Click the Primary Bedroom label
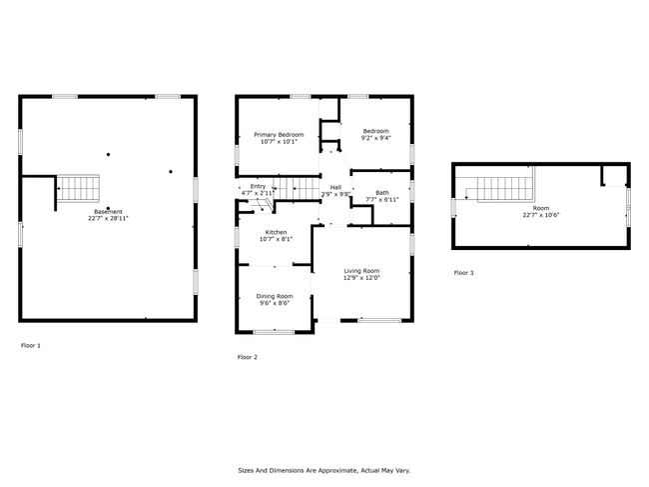[279, 135]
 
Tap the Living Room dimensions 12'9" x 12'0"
[361, 278]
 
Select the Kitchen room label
[276, 232]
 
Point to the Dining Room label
[275, 296]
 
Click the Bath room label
[382, 192]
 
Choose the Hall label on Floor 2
[335, 187]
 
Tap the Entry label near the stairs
[258, 187]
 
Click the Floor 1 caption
[31, 345]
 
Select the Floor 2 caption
[247, 357]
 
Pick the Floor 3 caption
[463, 273]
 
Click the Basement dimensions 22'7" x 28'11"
[108, 218]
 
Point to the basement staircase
[78, 188]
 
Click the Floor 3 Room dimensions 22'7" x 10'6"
[541, 215]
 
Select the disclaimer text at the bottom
[324, 470]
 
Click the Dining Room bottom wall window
[274, 332]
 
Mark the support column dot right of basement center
[171, 172]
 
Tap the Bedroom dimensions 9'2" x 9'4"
[375, 138]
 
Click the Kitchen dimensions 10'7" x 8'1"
[276, 239]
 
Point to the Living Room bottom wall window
[379, 320]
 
